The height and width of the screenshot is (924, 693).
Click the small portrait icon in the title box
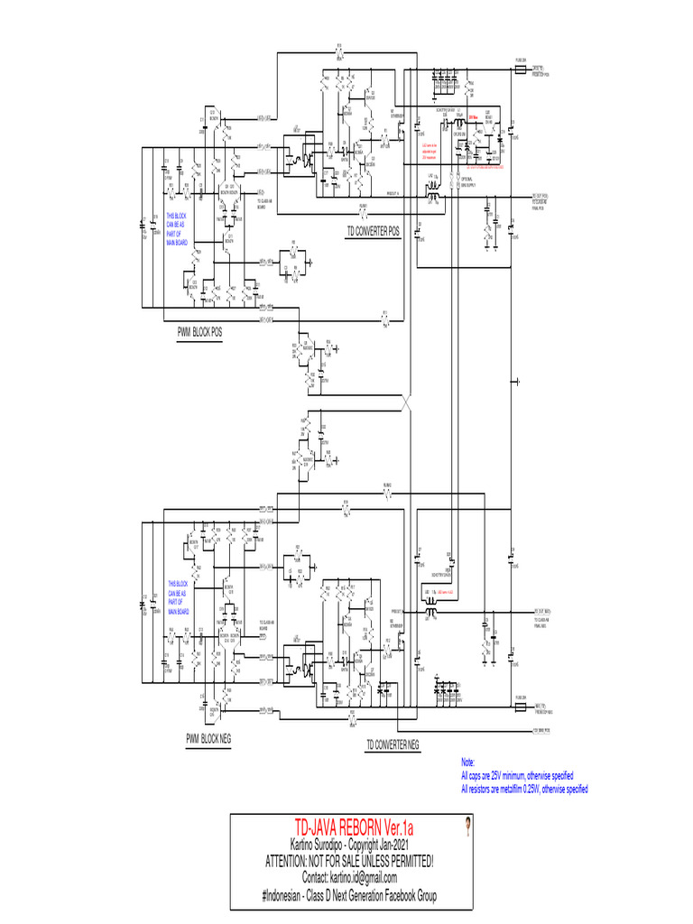coord(468,825)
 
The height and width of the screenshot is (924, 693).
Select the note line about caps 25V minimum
coord(517,775)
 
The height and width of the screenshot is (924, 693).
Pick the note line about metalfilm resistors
coord(524,790)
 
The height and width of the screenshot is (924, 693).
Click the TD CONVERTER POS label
coord(373,233)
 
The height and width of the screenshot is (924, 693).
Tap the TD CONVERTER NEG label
coord(393,744)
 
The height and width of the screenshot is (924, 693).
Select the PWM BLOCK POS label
coord(199,331)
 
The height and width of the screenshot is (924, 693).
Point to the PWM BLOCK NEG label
coord(208,738)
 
